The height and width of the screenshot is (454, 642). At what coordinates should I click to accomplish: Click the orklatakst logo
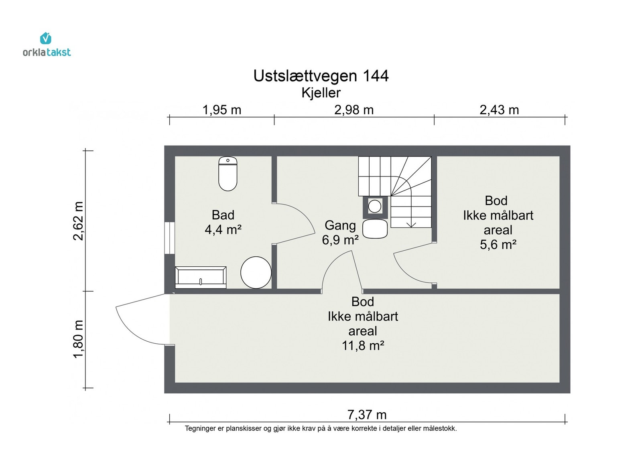coord(47,45)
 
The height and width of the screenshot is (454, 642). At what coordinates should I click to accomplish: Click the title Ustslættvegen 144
coord(321,76)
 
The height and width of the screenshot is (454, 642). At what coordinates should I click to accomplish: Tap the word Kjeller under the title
coord(321,93)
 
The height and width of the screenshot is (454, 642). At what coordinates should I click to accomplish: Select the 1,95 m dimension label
coord(222,109)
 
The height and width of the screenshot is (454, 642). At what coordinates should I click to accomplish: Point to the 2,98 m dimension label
coord(354,109)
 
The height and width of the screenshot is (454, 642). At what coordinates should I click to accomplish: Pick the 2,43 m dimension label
coord(499,109)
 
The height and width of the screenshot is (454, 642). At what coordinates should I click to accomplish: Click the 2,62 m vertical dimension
coord(78,221)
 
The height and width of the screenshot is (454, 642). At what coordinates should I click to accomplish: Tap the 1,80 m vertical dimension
coord(78,339)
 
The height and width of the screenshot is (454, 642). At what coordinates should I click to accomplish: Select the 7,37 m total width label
coord(367,415)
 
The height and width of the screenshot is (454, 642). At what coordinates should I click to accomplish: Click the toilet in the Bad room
coord(228,174)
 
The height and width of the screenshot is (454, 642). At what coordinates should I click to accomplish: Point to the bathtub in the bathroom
coord(201,277)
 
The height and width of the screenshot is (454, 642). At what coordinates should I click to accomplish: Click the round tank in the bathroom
coord(256,272)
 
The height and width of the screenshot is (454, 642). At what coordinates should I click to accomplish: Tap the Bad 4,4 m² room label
coord(223,222)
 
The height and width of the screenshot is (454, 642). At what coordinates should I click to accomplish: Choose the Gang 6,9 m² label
coord(340,233)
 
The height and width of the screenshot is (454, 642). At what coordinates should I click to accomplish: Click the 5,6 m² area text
coord(498,245)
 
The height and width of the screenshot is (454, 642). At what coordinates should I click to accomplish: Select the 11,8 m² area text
coord(363,346)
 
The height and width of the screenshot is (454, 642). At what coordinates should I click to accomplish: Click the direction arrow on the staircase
coord(411,223)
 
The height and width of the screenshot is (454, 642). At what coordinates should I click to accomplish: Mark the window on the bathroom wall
coord(170,237)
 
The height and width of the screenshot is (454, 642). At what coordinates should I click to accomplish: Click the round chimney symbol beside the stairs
coord(375,207)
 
